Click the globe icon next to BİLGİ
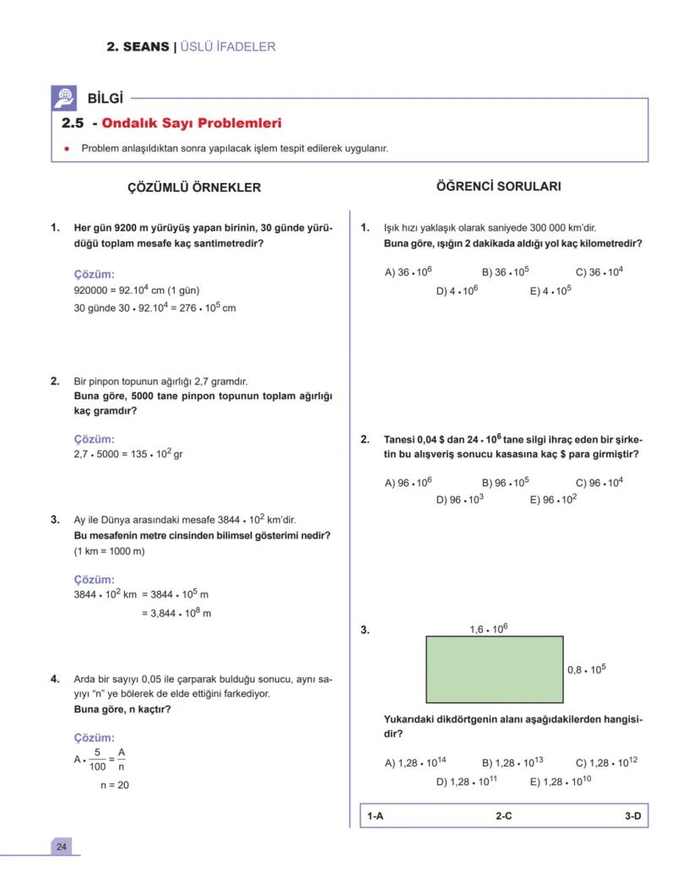[63, 97]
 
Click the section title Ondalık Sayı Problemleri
[191, 123]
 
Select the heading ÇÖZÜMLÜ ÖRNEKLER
[193, 187]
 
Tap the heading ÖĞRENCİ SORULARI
[498, 187]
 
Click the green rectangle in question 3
[494, 669]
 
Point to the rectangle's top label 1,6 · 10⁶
[488, 629]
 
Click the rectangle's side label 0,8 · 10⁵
[586, 669]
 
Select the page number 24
[61, 847]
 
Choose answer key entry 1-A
[376, 816]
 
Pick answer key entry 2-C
[503, 816]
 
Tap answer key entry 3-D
[632, 816]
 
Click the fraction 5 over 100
[97, 760]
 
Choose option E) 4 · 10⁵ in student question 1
[550, 290]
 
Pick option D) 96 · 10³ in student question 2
[459, 499]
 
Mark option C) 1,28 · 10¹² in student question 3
[605, 762]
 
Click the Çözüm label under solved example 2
[94, 439]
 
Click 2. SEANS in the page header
[138, 46]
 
